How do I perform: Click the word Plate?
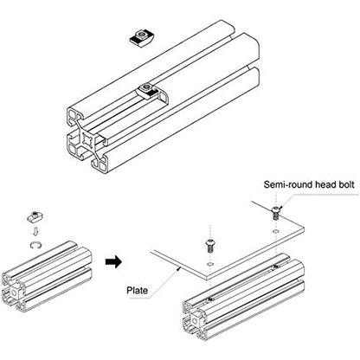138,290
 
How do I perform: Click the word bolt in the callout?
345,184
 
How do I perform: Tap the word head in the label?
325,184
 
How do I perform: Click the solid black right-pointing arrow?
114,261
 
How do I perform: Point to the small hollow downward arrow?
35,231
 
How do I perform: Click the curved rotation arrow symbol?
35,245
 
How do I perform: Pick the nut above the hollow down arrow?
35,216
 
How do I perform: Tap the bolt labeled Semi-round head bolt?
275,213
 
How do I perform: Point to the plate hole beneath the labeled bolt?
276,231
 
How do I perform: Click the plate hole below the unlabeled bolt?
210,265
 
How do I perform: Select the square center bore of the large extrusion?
87,140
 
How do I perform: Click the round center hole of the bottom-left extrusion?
13,292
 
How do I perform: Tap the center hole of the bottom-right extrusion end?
195,321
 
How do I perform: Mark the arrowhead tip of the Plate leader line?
181,267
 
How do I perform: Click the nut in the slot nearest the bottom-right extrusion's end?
210,299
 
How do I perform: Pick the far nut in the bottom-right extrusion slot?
276,266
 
